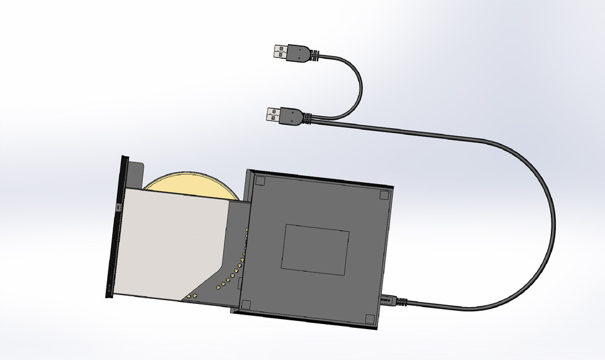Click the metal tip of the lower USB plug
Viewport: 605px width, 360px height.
(272, 114)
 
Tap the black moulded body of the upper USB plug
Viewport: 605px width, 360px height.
(298, 54)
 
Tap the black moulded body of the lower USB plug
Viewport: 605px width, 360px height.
(292, 115)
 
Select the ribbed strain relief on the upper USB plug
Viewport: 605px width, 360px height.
(312, 57)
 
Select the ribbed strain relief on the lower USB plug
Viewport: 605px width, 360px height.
(307, 117)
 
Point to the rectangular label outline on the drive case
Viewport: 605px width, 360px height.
(315, 249)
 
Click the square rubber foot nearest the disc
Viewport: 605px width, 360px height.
(259, 182)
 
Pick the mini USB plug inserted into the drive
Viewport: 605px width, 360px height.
(388, 299)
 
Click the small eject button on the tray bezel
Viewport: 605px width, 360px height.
(118, 206)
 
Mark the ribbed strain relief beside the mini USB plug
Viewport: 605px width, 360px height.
(401, 301)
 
